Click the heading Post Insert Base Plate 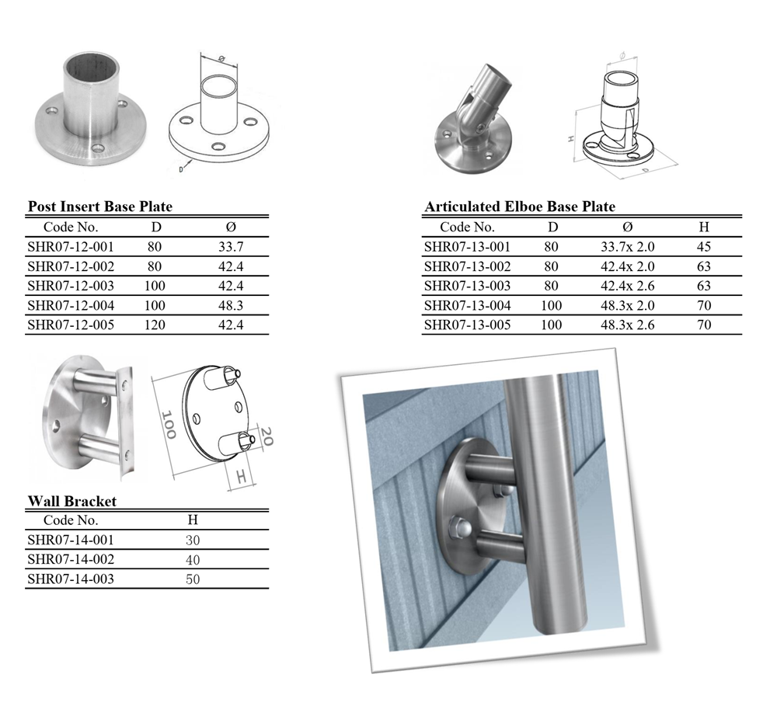point(100,207)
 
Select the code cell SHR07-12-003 point(71,286)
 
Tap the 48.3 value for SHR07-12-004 point(231,305)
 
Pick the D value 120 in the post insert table point(155,325)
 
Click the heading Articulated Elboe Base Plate point(520,207)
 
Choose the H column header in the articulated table point(704,227)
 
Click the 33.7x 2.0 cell point(628,247)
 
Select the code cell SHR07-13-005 point(467,325)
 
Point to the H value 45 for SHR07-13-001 point(704,247)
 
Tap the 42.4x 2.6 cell point(628,286)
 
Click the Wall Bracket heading point(72,501)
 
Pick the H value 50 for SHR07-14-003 point(193,579)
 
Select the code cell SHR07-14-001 point(71,540)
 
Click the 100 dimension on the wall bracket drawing point(169,425)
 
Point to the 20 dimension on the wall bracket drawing point(266,436)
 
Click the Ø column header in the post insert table point(231,227)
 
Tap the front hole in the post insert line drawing point(217,146)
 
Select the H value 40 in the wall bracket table point(193,560)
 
